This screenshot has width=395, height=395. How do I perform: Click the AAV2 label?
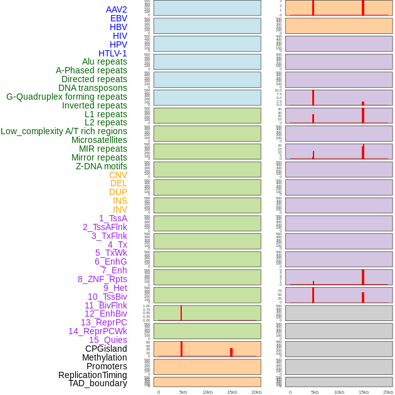pyautogui.click(x=116, y=9)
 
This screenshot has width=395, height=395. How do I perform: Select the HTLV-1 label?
pyautogui.click(x=113, y=53)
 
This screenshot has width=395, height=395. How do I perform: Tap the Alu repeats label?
pyautogui.click(x=104, y=62)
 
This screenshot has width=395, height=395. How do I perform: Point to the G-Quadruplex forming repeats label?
pyautogui.click(x=66, y=97)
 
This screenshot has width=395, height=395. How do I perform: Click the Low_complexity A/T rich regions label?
pyautogui.click(x=64, y=131)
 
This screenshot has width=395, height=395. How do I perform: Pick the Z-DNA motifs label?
pyautogui.click(x=101, y=166)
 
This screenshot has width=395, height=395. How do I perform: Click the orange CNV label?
pyautogui.click(x=118, y=175)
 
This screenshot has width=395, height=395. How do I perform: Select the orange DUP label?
pyautogui.click(x=118, y=192)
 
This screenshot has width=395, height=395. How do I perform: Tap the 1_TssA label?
pyautogui.click(x=113, y=218)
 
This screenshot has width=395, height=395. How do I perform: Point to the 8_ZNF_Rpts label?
pyautogui.click(x=102, y=279)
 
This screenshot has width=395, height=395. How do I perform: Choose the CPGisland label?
pyautogui.click(x=106, y=349)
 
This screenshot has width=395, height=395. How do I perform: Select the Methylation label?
pyautogui.click(x=104, y=357)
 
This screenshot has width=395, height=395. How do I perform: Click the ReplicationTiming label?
pyautogui.click(x=92, y=375)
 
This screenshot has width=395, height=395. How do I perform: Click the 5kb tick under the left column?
pyautogui.click(x=183, y=392)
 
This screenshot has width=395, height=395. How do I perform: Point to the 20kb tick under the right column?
pyautogui.click(x=387, y=392)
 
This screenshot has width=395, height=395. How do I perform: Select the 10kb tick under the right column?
pyautogui.click(x=339, y=392)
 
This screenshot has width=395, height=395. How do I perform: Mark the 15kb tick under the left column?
pyautogui.click(x=231, y=392)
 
